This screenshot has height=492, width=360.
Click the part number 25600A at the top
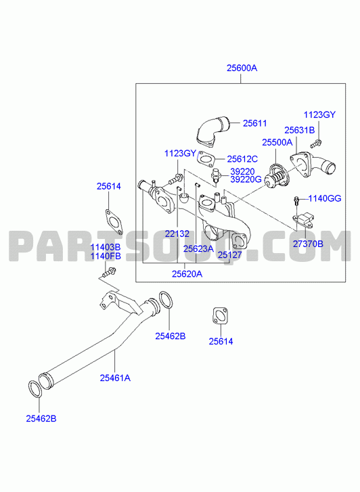coord(242,68)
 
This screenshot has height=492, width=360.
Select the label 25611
coord(255,123)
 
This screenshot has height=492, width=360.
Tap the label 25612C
coord(242,159)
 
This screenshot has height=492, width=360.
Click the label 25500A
coord(277,142)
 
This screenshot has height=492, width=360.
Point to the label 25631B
coord(299,130)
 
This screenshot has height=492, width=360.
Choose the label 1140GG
coord(325,198)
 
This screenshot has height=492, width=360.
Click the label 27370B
coord(308,244)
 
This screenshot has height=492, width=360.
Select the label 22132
coord(177,233)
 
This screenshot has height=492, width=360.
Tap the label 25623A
coord(198,249)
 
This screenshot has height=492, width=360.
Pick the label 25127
coord(230,254)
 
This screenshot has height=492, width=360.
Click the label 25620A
coord(187,274)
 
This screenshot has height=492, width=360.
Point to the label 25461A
coord(115,378)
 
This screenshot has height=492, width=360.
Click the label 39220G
coord(246,179)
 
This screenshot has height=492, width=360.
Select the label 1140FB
coord(106,256)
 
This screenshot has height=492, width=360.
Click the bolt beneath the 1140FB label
coord(109,273)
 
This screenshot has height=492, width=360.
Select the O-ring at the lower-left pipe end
coord(35,389)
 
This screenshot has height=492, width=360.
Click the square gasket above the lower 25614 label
coord(221,315)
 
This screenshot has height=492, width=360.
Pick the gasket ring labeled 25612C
coord(206,158)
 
